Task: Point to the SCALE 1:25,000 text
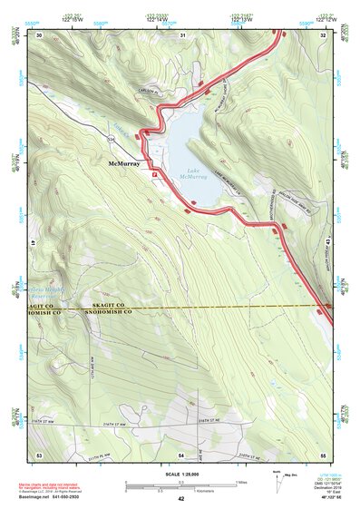click(x=180, y=474)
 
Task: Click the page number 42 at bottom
click(x=180, y=499)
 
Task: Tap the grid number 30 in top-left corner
click(x=40, y=34)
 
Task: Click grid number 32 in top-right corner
click(x=323, y=34)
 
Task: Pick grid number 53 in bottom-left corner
click(x=39, y=454)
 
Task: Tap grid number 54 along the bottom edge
click(x=181, y=454)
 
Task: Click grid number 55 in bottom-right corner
click(x=323, y=454)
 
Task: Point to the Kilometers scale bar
click(x=180, y=489)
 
